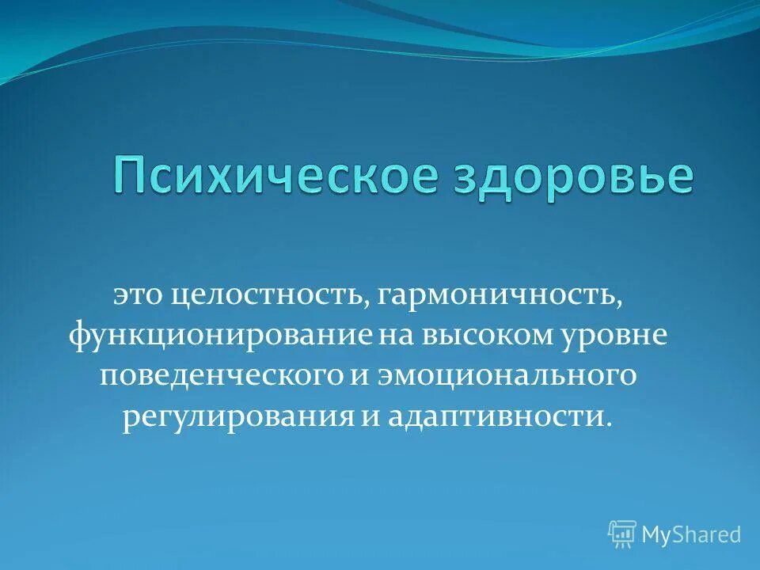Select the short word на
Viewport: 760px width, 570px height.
393,335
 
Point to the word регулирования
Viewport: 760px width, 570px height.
237,416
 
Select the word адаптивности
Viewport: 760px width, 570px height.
496,416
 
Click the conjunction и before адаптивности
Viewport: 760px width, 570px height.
372,416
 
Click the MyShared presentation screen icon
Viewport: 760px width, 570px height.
622,534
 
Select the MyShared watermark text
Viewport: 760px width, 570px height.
690,534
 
